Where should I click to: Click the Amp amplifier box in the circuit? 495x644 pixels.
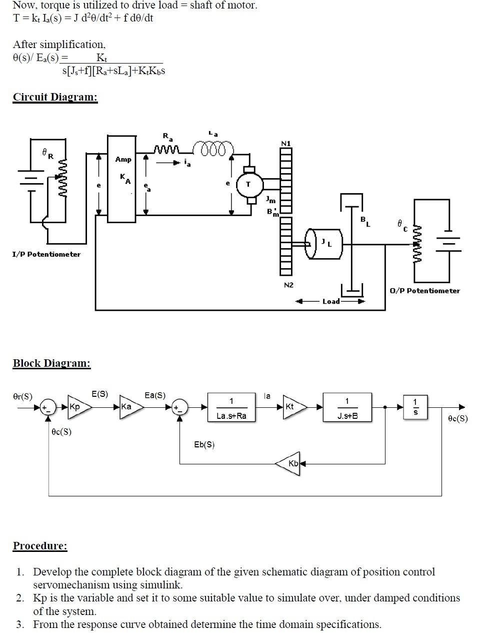[121, 179]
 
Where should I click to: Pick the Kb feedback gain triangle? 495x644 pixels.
[288, 463]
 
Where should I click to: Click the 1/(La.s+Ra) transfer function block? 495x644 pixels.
[231, 408]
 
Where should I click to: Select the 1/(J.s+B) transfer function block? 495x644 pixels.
[347, 408]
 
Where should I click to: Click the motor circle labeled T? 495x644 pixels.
[248, 185]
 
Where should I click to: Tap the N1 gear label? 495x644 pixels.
[286, 144]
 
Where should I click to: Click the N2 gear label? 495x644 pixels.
[288, 285]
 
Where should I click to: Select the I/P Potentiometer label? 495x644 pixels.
[46, 254]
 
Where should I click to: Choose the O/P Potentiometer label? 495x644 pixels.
[424, 291]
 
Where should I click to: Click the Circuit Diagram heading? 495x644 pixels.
[55, 97]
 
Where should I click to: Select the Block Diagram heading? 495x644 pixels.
[51, 363]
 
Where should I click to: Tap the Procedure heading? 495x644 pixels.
[40, 546]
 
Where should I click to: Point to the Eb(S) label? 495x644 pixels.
[204, 444]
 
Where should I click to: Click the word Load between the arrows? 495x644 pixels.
[331, 301]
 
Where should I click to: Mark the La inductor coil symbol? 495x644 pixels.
[216, 149]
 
